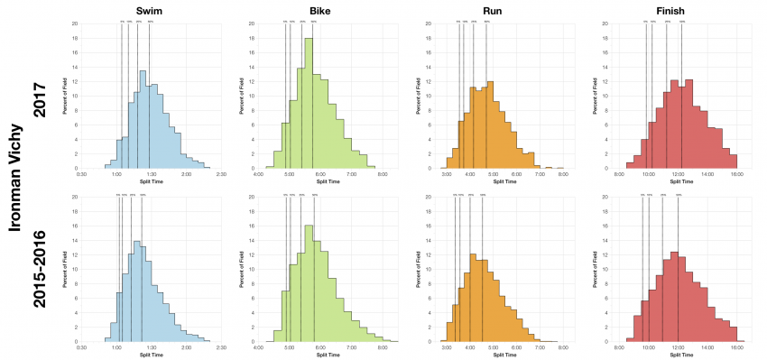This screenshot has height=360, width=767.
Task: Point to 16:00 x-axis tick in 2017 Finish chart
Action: click(x=736, y=172)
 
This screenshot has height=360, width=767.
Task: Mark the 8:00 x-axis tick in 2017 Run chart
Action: click(x=562, y=172)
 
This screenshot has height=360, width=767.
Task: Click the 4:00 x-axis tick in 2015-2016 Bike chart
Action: click(x=259, y=346)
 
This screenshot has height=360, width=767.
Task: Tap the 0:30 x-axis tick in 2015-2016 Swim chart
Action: click(x=81, y=346)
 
